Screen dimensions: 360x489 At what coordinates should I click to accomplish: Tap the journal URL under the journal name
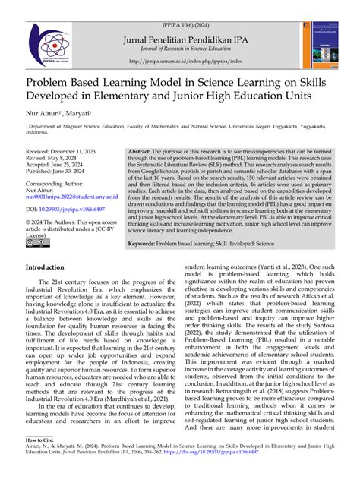[x=180, y=62]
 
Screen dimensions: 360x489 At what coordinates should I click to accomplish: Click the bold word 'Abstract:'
[x=142, y=152]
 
